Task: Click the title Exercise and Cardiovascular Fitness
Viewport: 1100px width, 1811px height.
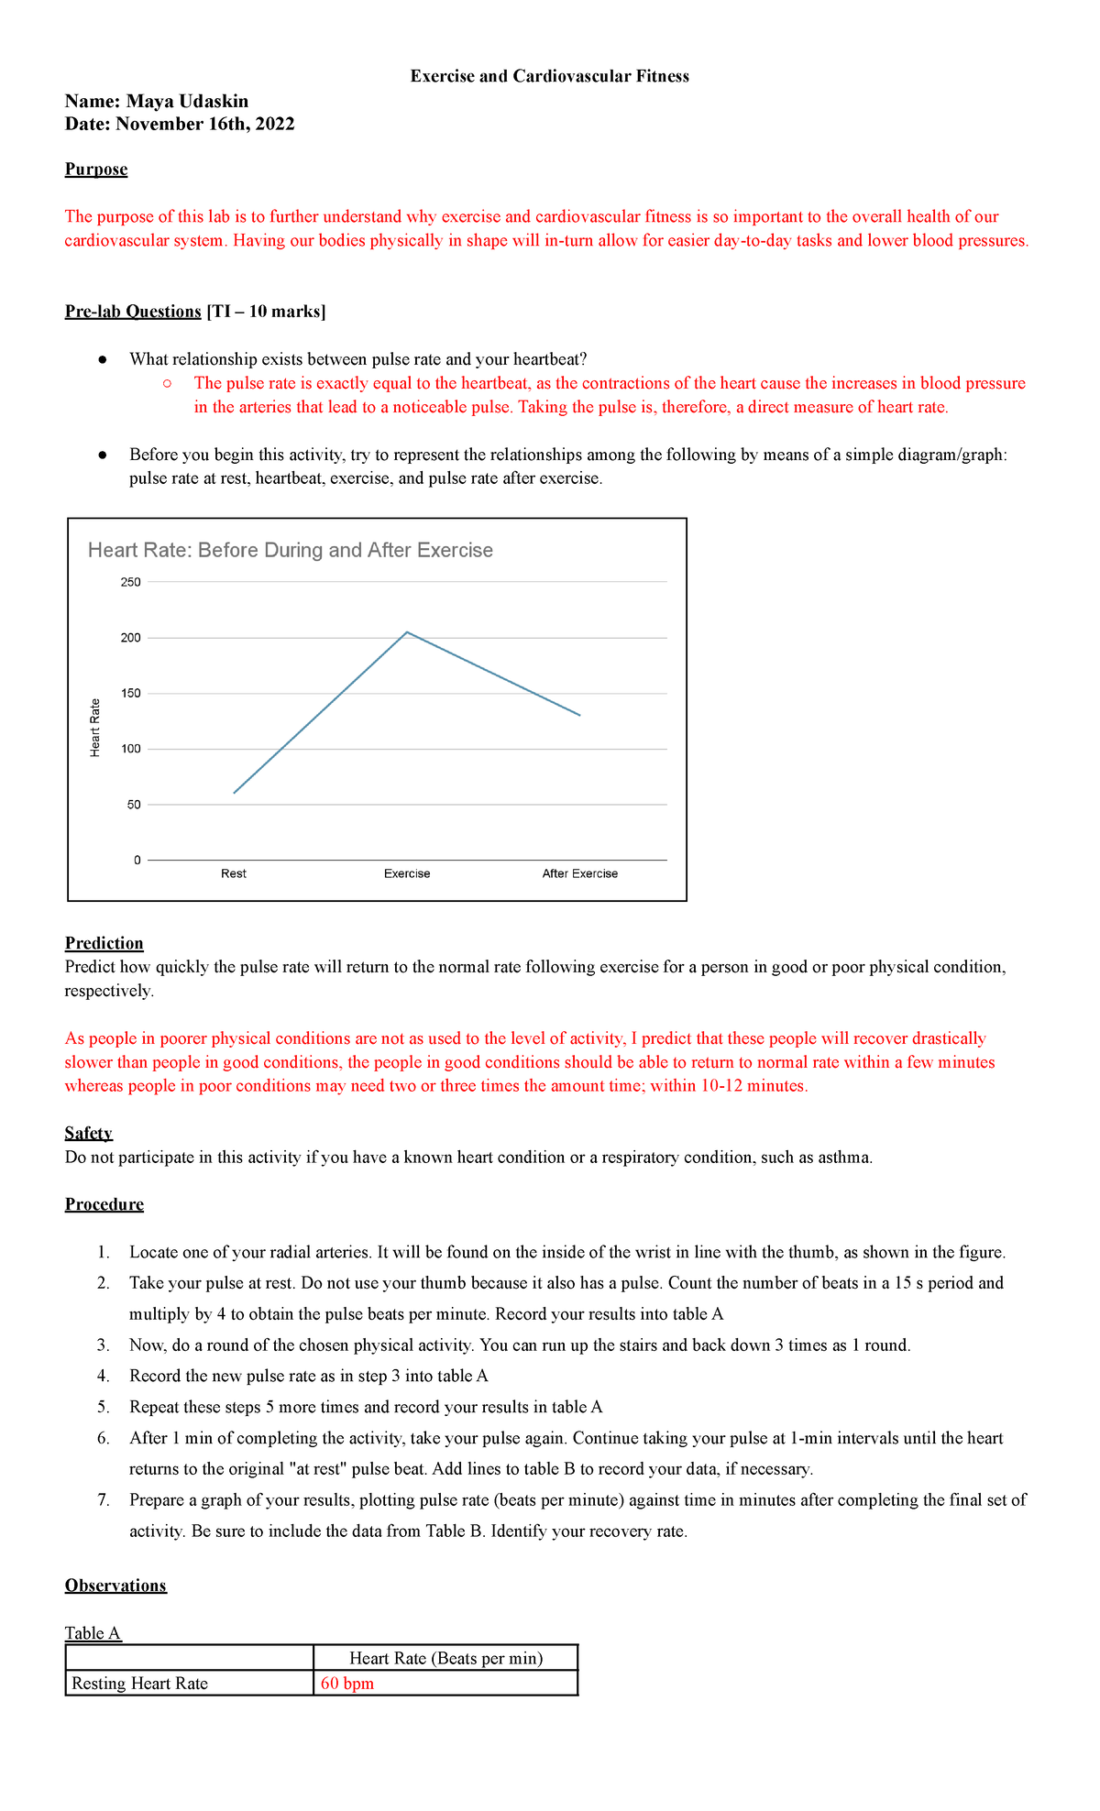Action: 549,76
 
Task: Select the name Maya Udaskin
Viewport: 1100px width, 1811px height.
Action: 187,101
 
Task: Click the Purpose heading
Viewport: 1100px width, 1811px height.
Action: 96,170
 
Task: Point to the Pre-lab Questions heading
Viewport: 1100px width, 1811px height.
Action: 133,312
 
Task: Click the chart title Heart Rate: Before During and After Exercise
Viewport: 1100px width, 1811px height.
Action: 290,550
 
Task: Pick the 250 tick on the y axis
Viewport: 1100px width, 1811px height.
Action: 131,582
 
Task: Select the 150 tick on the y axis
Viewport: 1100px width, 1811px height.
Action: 131,694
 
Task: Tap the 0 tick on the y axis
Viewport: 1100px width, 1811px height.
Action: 137,861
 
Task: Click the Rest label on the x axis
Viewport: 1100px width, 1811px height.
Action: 234,874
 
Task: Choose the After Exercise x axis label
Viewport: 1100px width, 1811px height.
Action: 580,874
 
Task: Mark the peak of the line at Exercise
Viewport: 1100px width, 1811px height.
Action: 407,632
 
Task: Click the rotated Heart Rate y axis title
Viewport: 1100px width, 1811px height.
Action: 95,728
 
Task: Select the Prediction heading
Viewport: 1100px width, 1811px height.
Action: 104,943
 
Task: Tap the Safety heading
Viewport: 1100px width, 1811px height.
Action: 89,1134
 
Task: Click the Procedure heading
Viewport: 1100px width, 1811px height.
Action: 104,1204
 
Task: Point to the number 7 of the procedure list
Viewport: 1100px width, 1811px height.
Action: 104,1500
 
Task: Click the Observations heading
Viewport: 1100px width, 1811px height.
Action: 115,1586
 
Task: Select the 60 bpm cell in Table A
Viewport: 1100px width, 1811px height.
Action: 347,1684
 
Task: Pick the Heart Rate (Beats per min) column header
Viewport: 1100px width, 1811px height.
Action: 446,1658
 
